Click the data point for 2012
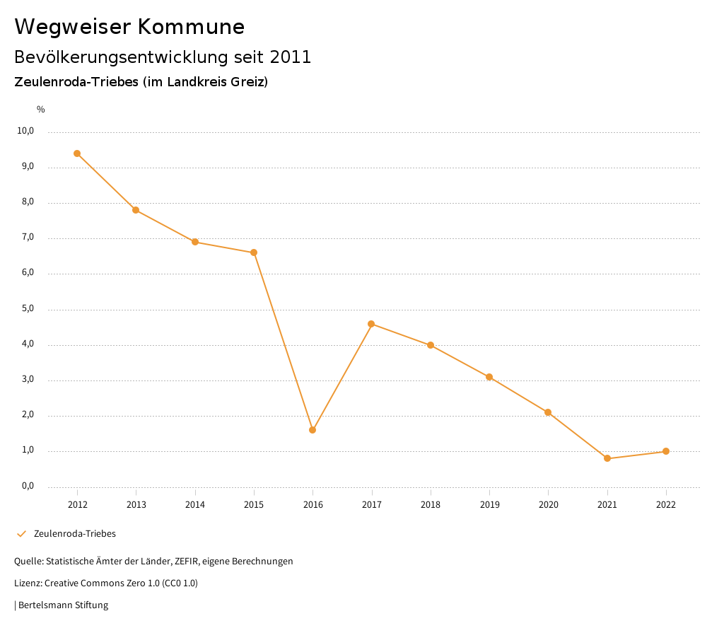[77, 153]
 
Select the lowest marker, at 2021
[607, 458]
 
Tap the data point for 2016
[313, 430]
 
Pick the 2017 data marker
[371, 324]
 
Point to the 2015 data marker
[254, 252]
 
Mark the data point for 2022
[666, 451]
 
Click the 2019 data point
[489, 377]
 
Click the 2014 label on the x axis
[195, 505]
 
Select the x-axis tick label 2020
[548, 505]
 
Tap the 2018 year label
[431, 505]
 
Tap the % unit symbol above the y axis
[41, 110]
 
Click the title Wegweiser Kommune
[129, 27]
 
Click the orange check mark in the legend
[21, 534]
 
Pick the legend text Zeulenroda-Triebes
[75, 534]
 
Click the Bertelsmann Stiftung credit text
[63, 605]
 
